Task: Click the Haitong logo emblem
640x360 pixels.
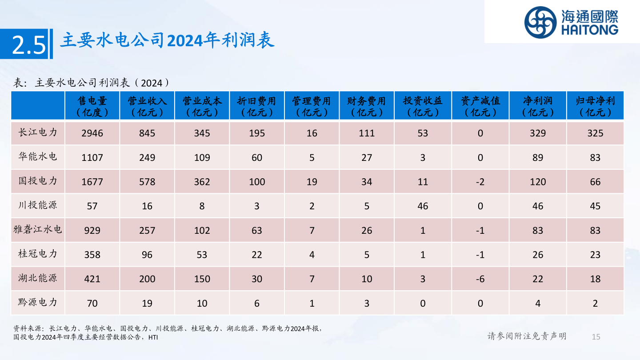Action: pos(540,22)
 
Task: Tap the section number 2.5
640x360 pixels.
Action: pos(29,45)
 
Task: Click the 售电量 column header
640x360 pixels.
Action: pos(92,106)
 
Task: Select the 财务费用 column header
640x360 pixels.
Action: pos(366,106)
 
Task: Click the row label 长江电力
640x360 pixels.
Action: pos(38,132)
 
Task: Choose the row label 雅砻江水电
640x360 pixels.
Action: pos(38,230)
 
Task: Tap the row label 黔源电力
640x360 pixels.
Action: pos(38,303)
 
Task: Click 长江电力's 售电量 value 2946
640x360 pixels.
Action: pos(92,133)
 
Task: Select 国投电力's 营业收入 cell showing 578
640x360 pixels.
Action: pos(147,182)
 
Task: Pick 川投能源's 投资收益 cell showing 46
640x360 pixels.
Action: pos(423,206)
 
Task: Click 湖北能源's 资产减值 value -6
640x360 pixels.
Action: pos(480,279)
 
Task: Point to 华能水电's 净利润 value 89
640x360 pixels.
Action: pos(538,157)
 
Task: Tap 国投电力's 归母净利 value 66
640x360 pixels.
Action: pos(595,182)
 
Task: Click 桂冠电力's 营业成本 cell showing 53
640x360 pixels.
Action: pos(202,255)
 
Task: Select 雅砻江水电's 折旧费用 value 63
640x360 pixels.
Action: pos(256,230)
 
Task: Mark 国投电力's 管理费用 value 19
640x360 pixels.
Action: pos(312,182)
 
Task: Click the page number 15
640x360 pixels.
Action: pos(596,337)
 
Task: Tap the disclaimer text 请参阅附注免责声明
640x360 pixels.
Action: pos(527,336)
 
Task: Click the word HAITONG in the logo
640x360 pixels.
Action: pos(589,30)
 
